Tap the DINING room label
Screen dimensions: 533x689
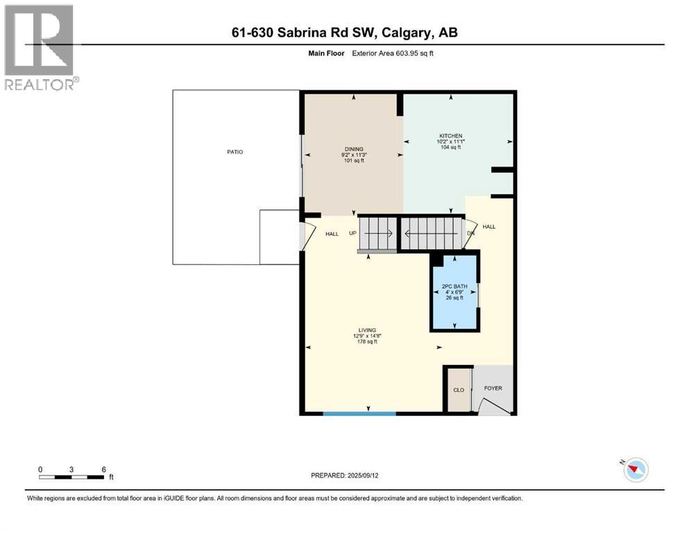click(x=353, y=148)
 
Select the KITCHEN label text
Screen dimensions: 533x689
click(x=450, y=136)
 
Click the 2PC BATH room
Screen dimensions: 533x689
click(x=454, y=291)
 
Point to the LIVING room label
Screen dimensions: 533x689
click(x=367, y=330)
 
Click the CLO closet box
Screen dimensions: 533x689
click(x=459, y=390)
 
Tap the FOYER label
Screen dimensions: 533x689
click(x=493, y=388)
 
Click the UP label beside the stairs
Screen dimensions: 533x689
click(x=352, y=234)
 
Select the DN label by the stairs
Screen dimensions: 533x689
click(x=470, y=233)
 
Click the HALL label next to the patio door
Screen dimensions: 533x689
click(x=332, y=234)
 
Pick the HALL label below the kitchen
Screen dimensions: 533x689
click(x=489, y=227)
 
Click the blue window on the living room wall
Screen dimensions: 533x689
click(x=359, y=414)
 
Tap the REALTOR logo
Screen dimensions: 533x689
click(x=40, y=48)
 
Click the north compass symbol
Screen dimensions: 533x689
click(x=635, y=470)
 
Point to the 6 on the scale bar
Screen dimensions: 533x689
click(x=103, y=469)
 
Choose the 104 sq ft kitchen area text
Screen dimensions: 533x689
click(x=450, y=147)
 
